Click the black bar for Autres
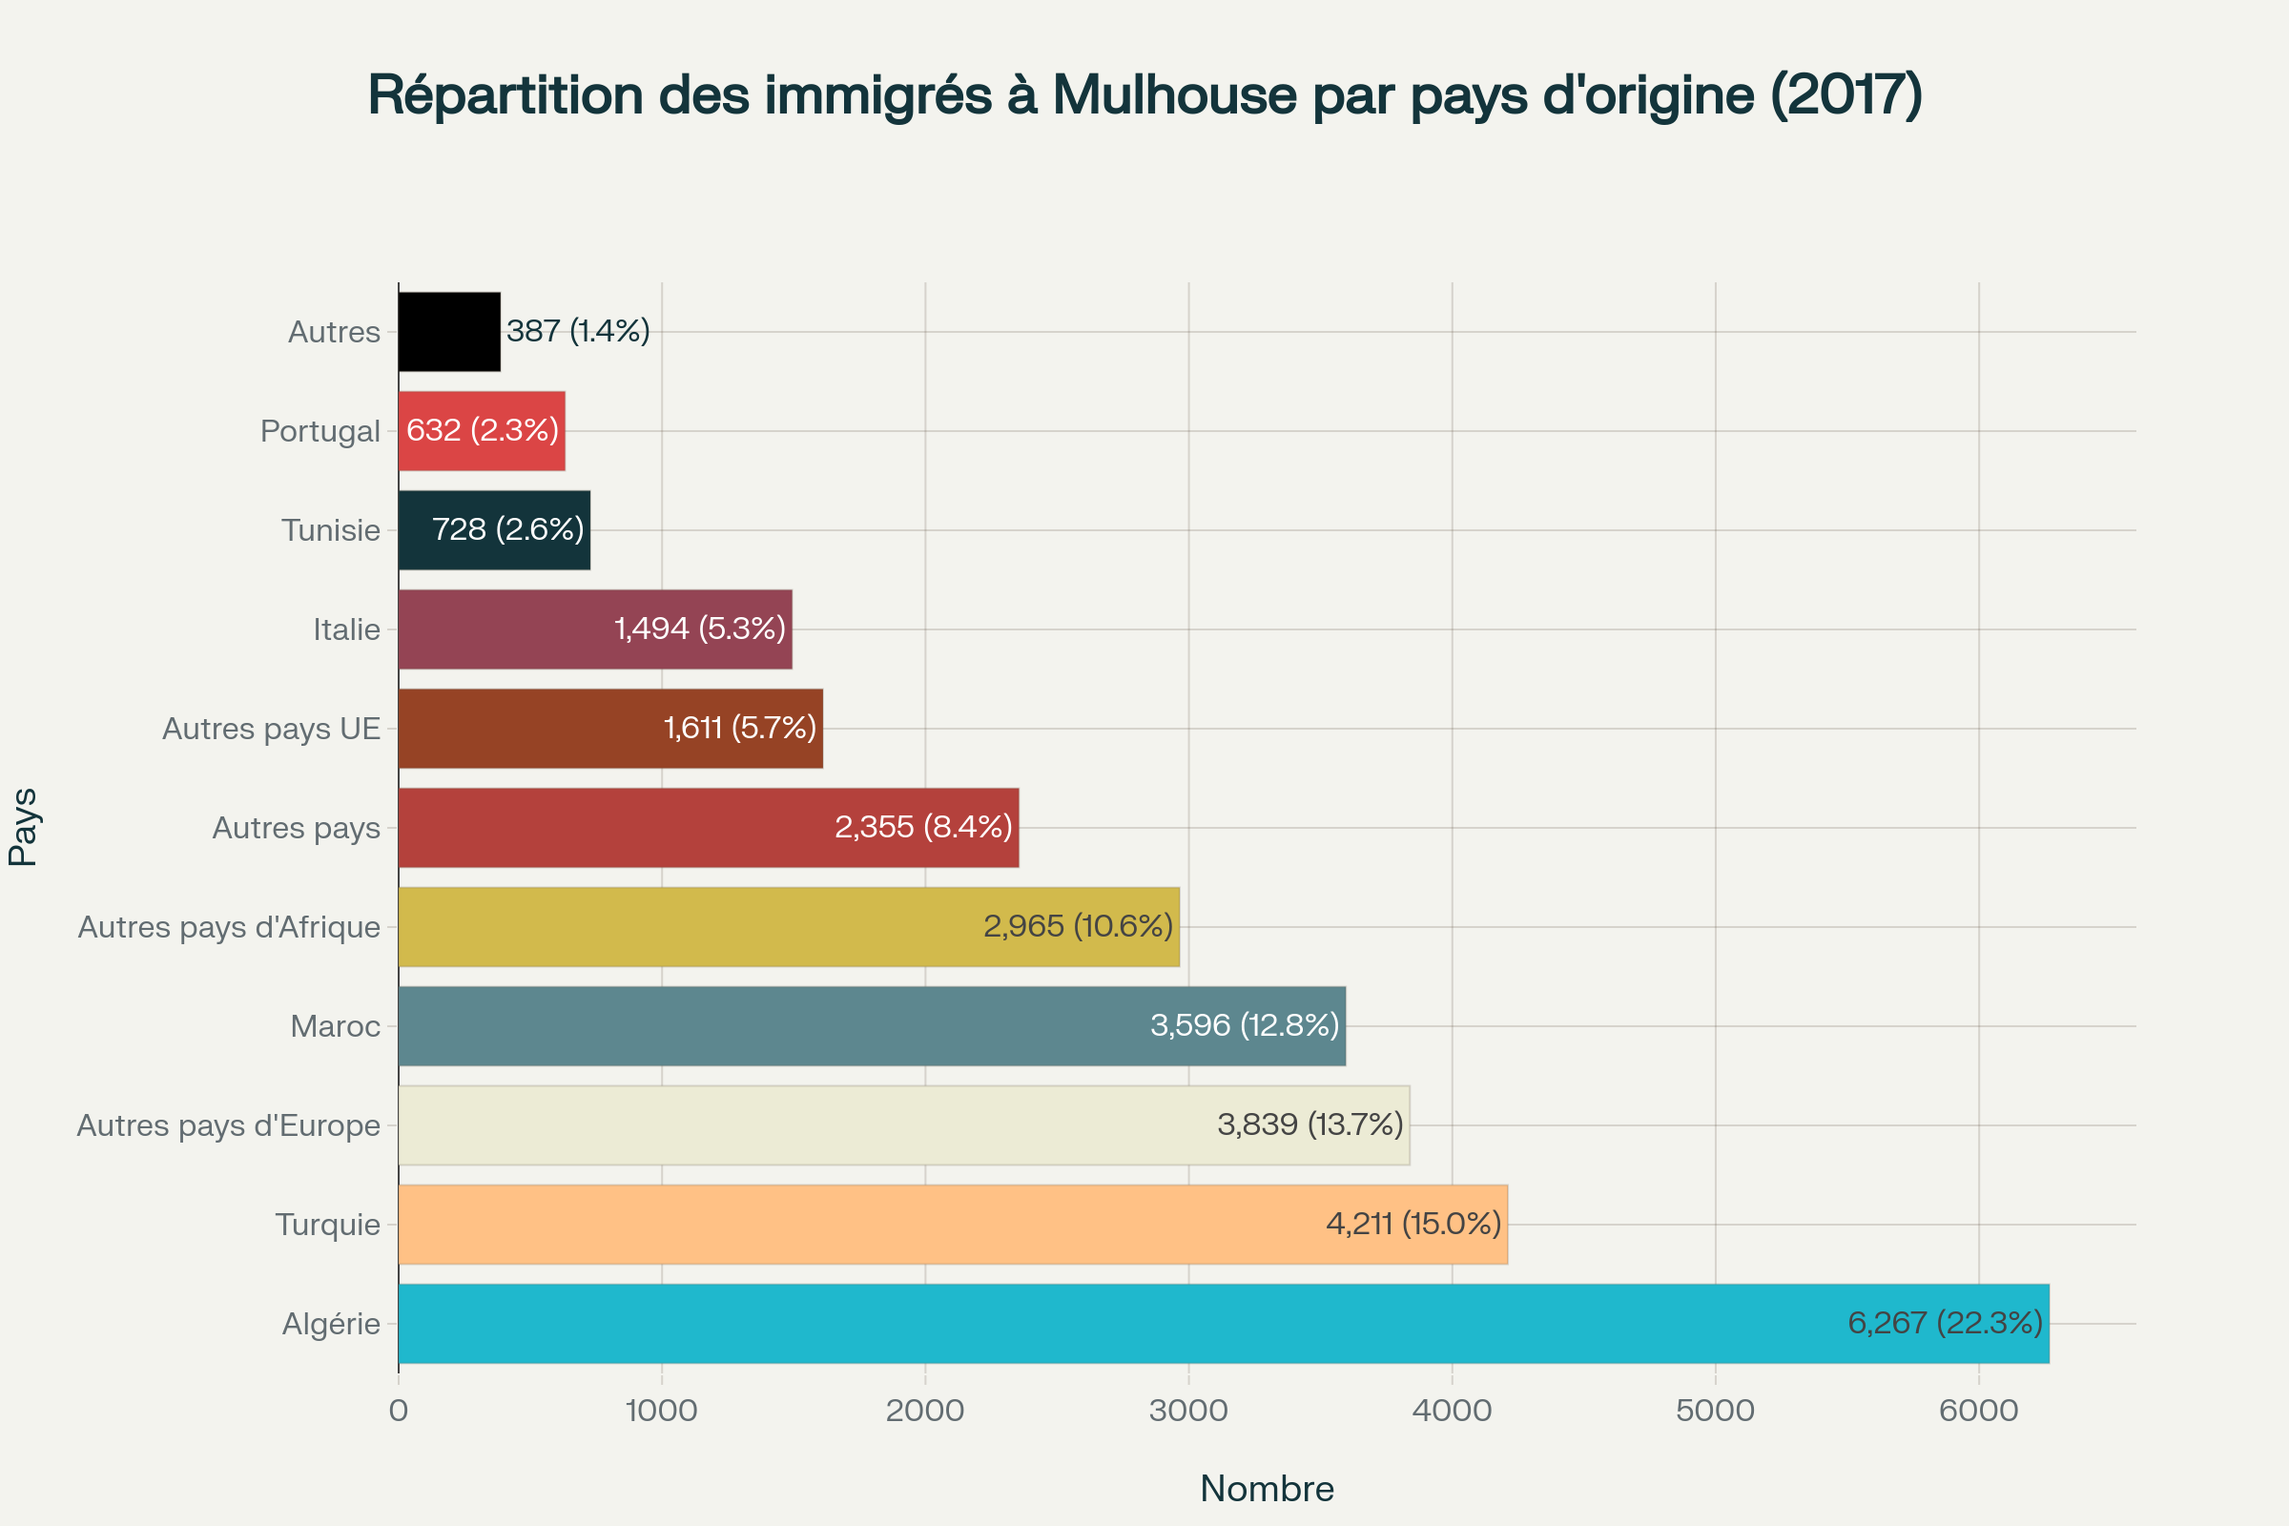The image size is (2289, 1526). (448, 332)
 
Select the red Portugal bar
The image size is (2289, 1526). (482, 431)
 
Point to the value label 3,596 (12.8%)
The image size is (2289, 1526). (1245, 1024)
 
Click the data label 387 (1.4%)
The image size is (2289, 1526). (578, 331)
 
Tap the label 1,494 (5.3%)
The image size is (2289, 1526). (700, 629)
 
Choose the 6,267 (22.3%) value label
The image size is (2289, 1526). (1945, 1323)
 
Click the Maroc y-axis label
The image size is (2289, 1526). (335, 1026)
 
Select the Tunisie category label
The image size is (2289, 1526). (331, 530)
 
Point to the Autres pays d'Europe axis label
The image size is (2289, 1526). (229, 1125)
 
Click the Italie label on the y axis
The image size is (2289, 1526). (346, 629)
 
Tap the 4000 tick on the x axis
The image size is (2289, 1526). (1452, 1411)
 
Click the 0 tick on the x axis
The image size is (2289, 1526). (398, 1411)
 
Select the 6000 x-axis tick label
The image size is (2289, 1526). (1978, 1411)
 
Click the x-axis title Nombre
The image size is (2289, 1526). (1267, 1488)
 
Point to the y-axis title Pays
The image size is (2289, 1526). (23, 827)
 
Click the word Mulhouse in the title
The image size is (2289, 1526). (1174, 95)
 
